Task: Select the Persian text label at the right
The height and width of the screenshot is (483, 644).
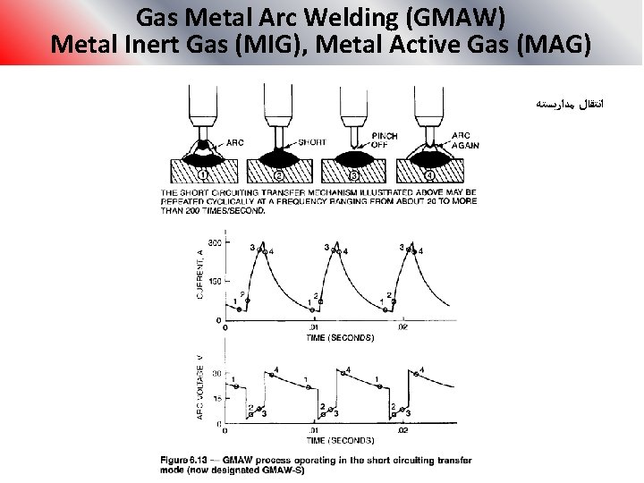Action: (x=570, y=105)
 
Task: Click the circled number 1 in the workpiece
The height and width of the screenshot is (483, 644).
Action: (x=205, y=175)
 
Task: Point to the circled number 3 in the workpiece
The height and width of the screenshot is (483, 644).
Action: (x=353, y=175)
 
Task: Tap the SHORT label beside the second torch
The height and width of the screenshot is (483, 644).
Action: (x=311, y=142)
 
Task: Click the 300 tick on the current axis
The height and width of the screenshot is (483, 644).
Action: (x=215, y=243)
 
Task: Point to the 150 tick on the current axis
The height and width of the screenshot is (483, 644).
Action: (x=215, y=282)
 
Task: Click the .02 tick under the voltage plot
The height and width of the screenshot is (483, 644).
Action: (x=402, y=430)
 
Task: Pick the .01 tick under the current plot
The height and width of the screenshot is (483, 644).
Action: (x=313, y=328)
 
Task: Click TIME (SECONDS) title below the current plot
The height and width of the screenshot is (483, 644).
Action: (x=340, y=338)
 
